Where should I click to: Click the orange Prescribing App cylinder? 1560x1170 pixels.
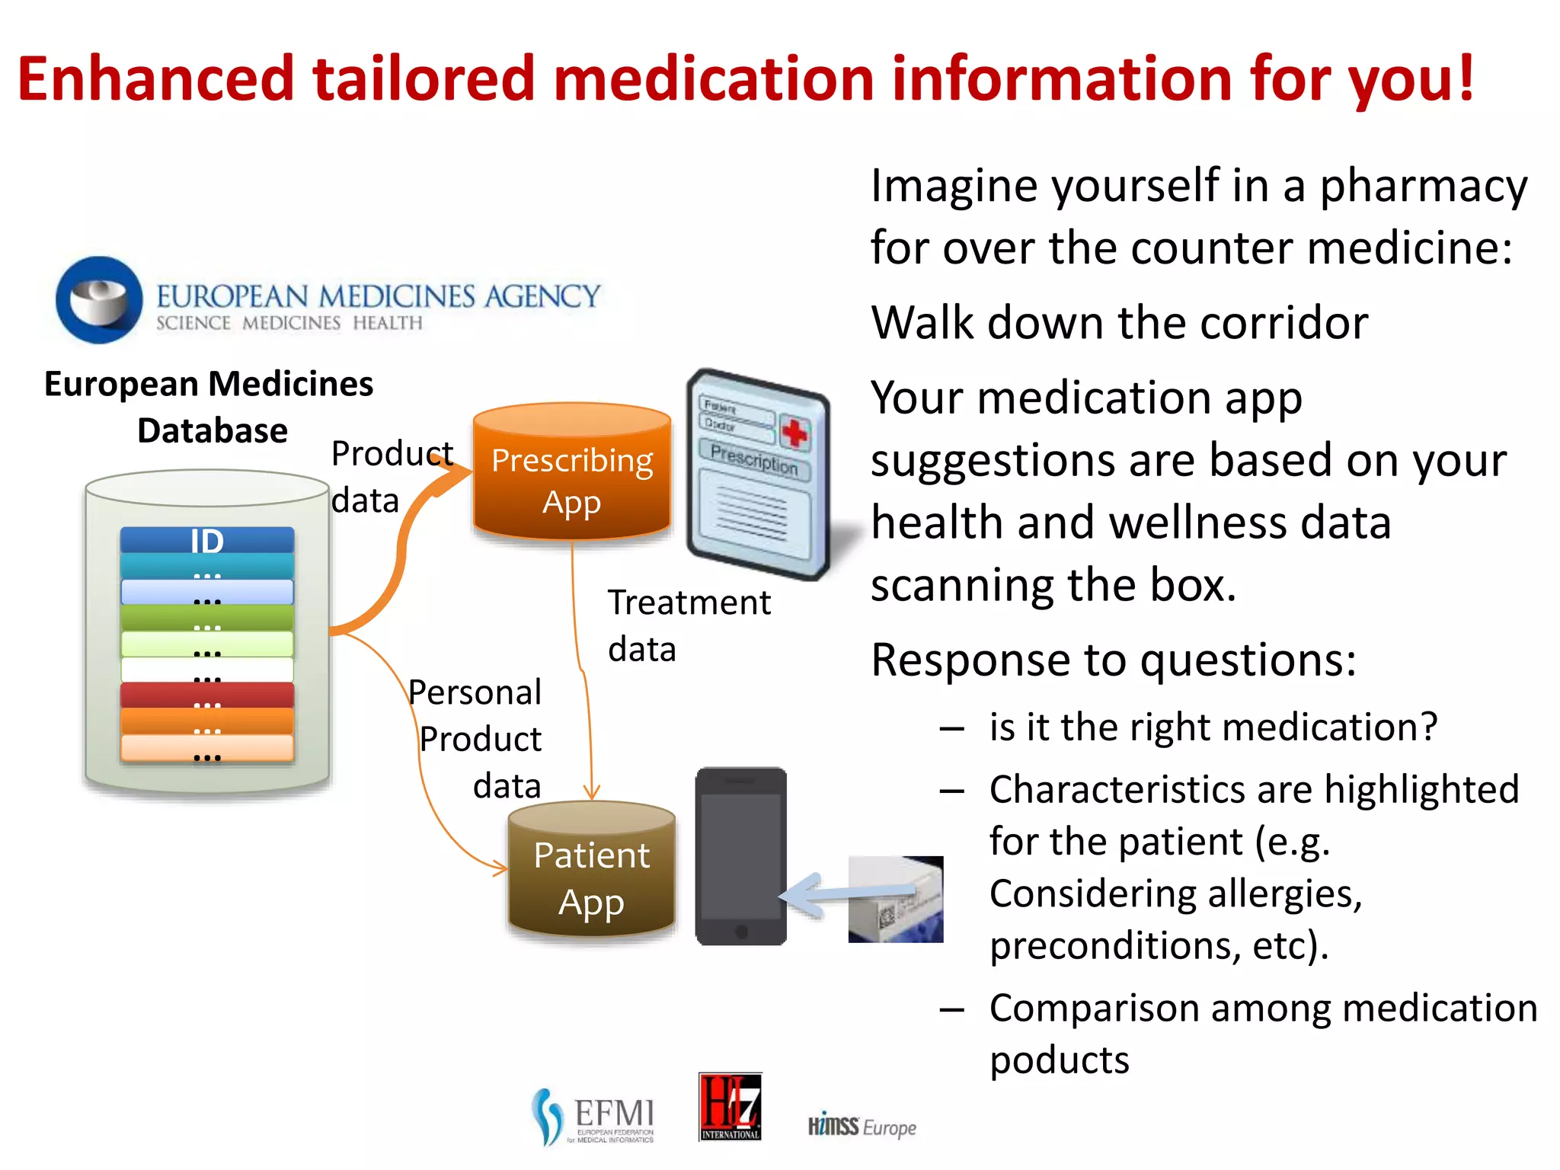pyautogui.click(x=571, y=472)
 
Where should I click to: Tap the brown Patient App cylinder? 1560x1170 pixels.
pyautogui.click(x=592, y=870)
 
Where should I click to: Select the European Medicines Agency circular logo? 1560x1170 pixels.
pyautogui.click(x=99, y=299)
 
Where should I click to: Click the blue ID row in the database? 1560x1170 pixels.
pyautogui.click(x=207, y=540)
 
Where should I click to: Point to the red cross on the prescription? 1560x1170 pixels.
pyautogui.click(x=794, y=433)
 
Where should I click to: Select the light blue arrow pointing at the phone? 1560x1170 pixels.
pyautogui.click(x=846, y=893)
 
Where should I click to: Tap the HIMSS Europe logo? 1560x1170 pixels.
pyautogui.click(x=862, y=1127)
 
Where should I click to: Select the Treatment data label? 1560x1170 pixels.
pyautogui.click(x=689, y=625)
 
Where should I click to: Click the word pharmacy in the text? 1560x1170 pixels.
pyautogui.click(x=1423, y=187)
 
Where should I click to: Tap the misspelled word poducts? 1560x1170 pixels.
pyautogui.click(x=1060, y=1060)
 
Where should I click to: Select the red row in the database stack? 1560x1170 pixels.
pyautogui.click(x=207, y=695)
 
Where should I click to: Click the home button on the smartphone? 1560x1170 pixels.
pyautogui.click(x=741, y=932)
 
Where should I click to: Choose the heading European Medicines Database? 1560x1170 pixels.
pyautogui.click(x=209, y=407)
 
